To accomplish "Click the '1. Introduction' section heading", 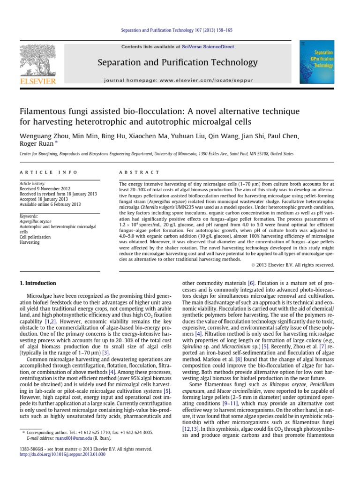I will (37, 283).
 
